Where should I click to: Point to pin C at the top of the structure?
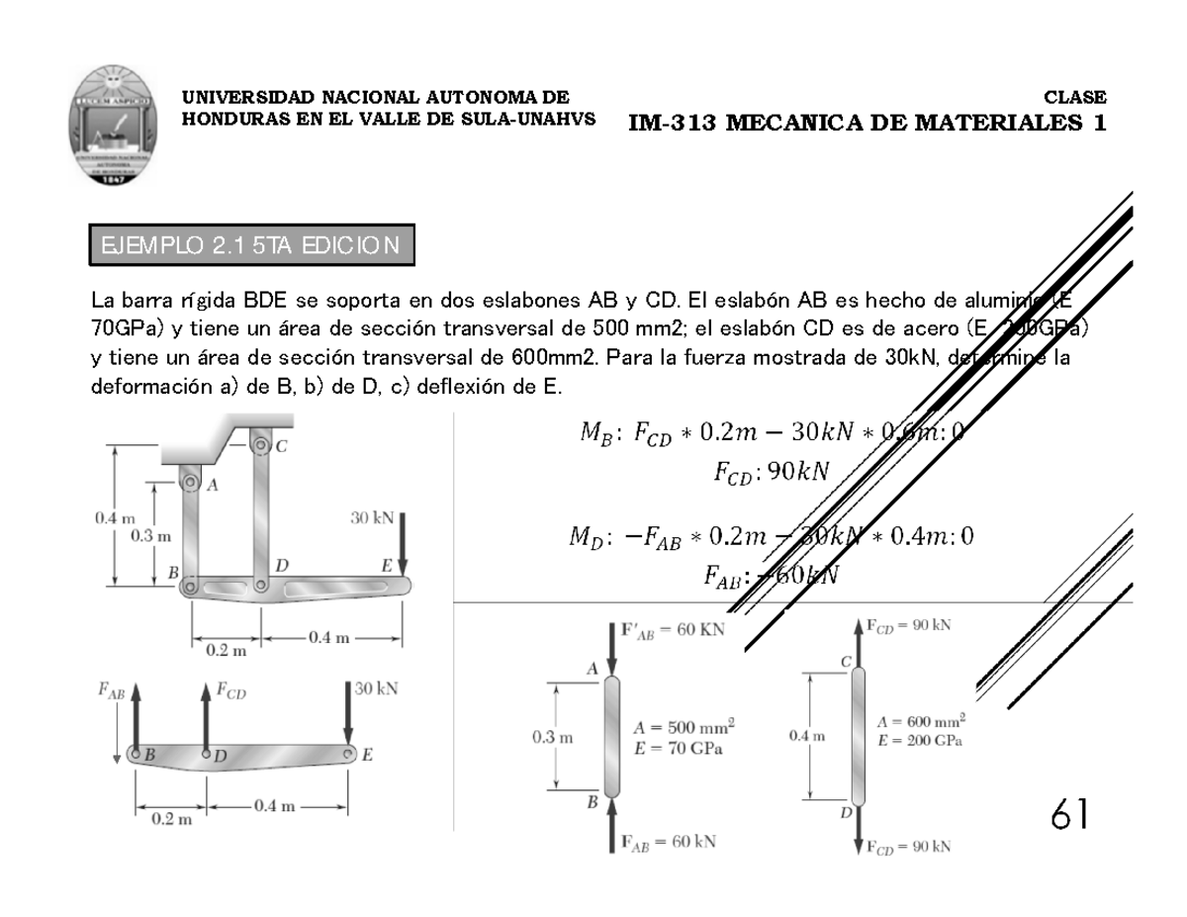coord(260,446)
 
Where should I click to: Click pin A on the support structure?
coord(190,483)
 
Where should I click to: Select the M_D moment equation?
coord(770,536)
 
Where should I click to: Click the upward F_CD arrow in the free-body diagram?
coord(205,712)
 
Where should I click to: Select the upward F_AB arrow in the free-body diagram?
coord(136,712)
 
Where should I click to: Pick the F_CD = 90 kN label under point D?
coord(908,846)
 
